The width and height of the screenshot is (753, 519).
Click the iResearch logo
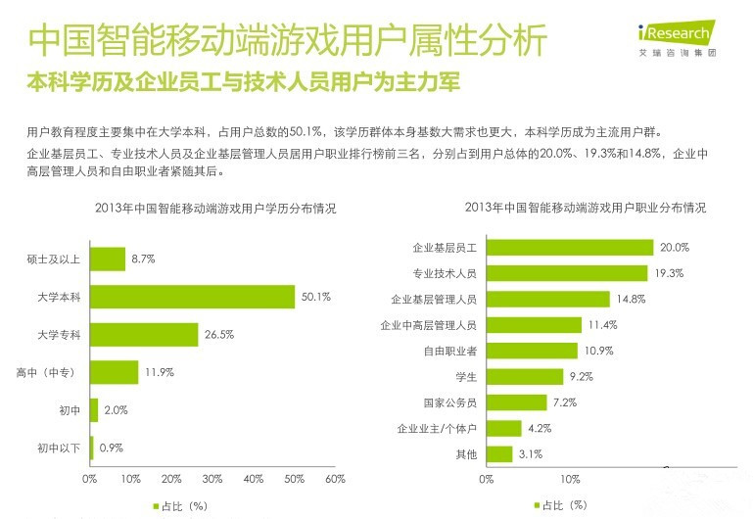click(x=674, y=36)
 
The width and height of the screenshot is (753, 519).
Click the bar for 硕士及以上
click(x=108, y=259)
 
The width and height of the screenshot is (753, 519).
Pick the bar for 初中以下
click(x=91, y=448)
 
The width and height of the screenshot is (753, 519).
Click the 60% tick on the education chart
click(x=335, y=479)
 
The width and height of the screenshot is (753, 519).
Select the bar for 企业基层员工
click(x=570, y=248)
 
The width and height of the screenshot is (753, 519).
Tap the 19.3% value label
click(x=670, y=273)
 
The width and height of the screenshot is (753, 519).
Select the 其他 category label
click(x=465, y=453)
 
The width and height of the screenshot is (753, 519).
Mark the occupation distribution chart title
click(x=585, y=209)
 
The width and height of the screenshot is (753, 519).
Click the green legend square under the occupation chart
click(x=536, y=505)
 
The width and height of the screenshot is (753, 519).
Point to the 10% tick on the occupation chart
click(x=570, y=479)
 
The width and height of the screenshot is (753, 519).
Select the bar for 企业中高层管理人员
click(x=534, y=325)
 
